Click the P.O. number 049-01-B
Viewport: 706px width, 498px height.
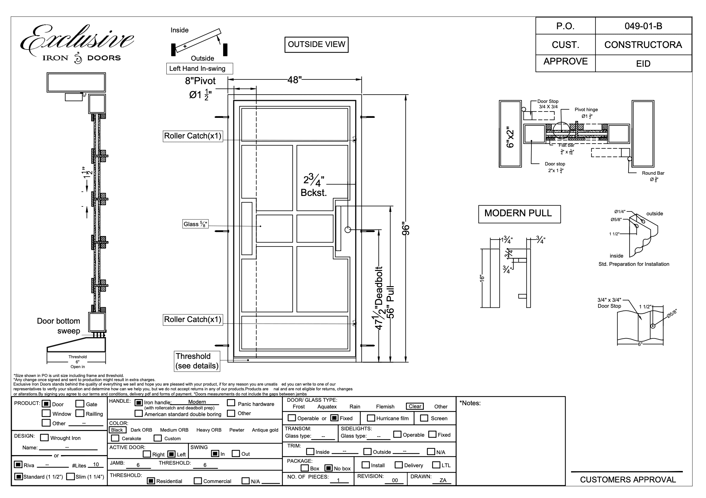pyautogui.click(x=643, y=26)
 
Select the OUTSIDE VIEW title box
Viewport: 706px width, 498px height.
pyautogui.click(x=316, y=44)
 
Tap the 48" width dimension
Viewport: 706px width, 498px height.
pyautogui.click(x=294, y=80)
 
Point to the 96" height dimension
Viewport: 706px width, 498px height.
pyautogui.click(x=406, y=228)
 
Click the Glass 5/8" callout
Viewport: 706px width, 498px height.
pyautogui.click(x=195, y=224)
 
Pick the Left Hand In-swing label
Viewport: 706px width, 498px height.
pyautogui.click(x=199, y=69)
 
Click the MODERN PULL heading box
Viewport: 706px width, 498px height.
pyautogui.click(x=519, y=213)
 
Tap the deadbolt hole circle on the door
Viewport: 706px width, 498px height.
pyautogui.click(x=348, y=230)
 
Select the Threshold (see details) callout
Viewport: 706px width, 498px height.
pyautogui.click(x=197, y=361)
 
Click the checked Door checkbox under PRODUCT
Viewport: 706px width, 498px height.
pyautogui.click(x=46, y=404)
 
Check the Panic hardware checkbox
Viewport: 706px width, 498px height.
pyautogui.click(x=231, y=403)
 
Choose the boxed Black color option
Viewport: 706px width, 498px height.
pyautogui.click(x=117, y=430)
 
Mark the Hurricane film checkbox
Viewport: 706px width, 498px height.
pyautogui.click(x=371, y=418)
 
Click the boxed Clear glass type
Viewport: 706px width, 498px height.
pyautogui.click(x=415, y=406)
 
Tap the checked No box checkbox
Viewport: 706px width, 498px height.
pyautogui.click(x=329, y=468)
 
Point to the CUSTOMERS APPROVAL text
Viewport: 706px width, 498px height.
pyautogui.click(x=628, y=480)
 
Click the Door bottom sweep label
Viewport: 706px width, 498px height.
pyautogui.click(x=59, y=326)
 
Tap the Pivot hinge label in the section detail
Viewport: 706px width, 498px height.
pyautogui.click(x=586, y=110)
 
